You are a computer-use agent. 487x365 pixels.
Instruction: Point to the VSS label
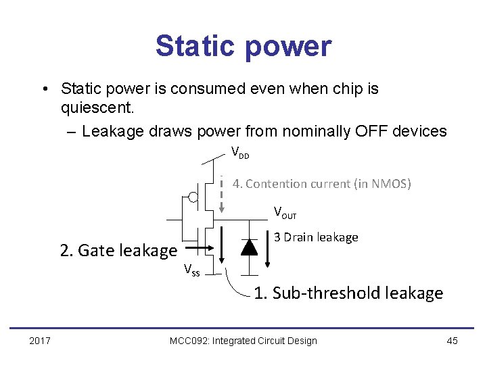tap(191, 271)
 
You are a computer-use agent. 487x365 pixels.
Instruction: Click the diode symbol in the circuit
tap(250, 247)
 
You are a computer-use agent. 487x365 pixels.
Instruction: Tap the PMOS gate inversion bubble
tap(193, 197)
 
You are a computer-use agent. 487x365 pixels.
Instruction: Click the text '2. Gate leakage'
tap(118, 251)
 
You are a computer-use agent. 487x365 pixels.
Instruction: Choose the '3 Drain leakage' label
tap(316, 237)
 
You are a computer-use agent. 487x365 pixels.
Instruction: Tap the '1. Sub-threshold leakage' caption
tap(348, 293)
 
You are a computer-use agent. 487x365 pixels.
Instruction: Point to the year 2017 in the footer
tap(40, 341)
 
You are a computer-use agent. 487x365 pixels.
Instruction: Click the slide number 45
tap(453, 341)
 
